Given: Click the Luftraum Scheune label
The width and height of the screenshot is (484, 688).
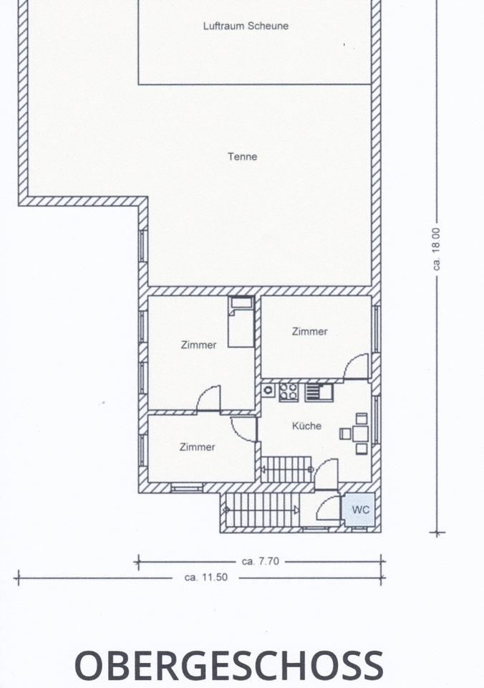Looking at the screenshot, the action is coord(246,26).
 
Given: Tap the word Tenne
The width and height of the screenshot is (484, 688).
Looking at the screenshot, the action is coord(243,157).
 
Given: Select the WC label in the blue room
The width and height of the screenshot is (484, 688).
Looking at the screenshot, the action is coord(360,510).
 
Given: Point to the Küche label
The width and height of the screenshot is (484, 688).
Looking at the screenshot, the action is coord(306,426).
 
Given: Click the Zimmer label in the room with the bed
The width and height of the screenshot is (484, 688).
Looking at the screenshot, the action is coord(198,345).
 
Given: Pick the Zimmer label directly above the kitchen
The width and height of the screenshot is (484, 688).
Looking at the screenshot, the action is coord(309,332).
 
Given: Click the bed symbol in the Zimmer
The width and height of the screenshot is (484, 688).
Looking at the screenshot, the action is coord(241,322).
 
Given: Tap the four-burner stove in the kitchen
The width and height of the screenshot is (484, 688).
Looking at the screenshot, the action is coord(288,391).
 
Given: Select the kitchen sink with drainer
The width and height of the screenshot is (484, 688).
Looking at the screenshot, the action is coord(319,392).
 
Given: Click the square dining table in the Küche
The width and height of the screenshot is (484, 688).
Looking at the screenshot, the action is coord(360,434).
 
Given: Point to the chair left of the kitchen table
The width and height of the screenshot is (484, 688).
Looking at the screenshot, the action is coord(345,434).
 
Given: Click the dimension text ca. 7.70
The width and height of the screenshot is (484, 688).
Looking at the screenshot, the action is coord(260,561).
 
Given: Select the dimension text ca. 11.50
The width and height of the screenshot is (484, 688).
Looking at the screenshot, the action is coord(206,578).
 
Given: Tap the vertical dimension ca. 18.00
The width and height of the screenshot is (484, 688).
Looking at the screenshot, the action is coord(437,249).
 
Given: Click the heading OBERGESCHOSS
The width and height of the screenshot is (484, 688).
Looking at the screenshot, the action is coord(229,666).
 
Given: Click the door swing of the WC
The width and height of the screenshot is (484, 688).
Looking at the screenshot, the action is coord(329,508).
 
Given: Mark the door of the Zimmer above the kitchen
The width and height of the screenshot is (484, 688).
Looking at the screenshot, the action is coord(356,366).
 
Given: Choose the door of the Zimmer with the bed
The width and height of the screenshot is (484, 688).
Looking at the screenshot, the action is coord(208,398).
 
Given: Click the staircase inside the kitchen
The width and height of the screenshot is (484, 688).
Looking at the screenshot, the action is coord(287,469).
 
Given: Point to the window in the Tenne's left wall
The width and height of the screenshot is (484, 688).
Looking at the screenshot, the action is coord(143,246).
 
